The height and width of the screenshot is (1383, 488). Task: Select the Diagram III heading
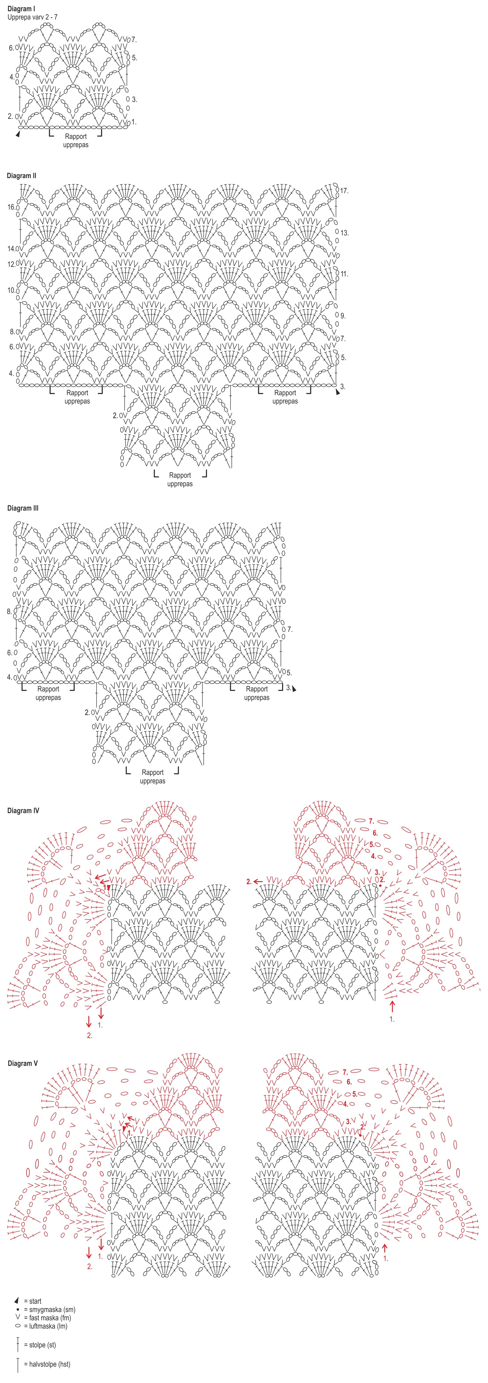pyautogui.click(x=22, y=508)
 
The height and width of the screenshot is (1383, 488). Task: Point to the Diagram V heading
pyautogui.click(x=22, y=1064)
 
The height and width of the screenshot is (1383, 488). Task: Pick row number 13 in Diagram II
pyautogui.click(x=344, y=233)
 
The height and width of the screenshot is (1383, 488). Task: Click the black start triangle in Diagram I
pyautogui.click(x=18, y=134)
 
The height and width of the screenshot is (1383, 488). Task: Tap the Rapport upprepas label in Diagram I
pyautogui.click(x=76, y=141)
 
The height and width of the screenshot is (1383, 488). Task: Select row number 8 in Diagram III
pyautogui.click(x=9, y=612)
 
